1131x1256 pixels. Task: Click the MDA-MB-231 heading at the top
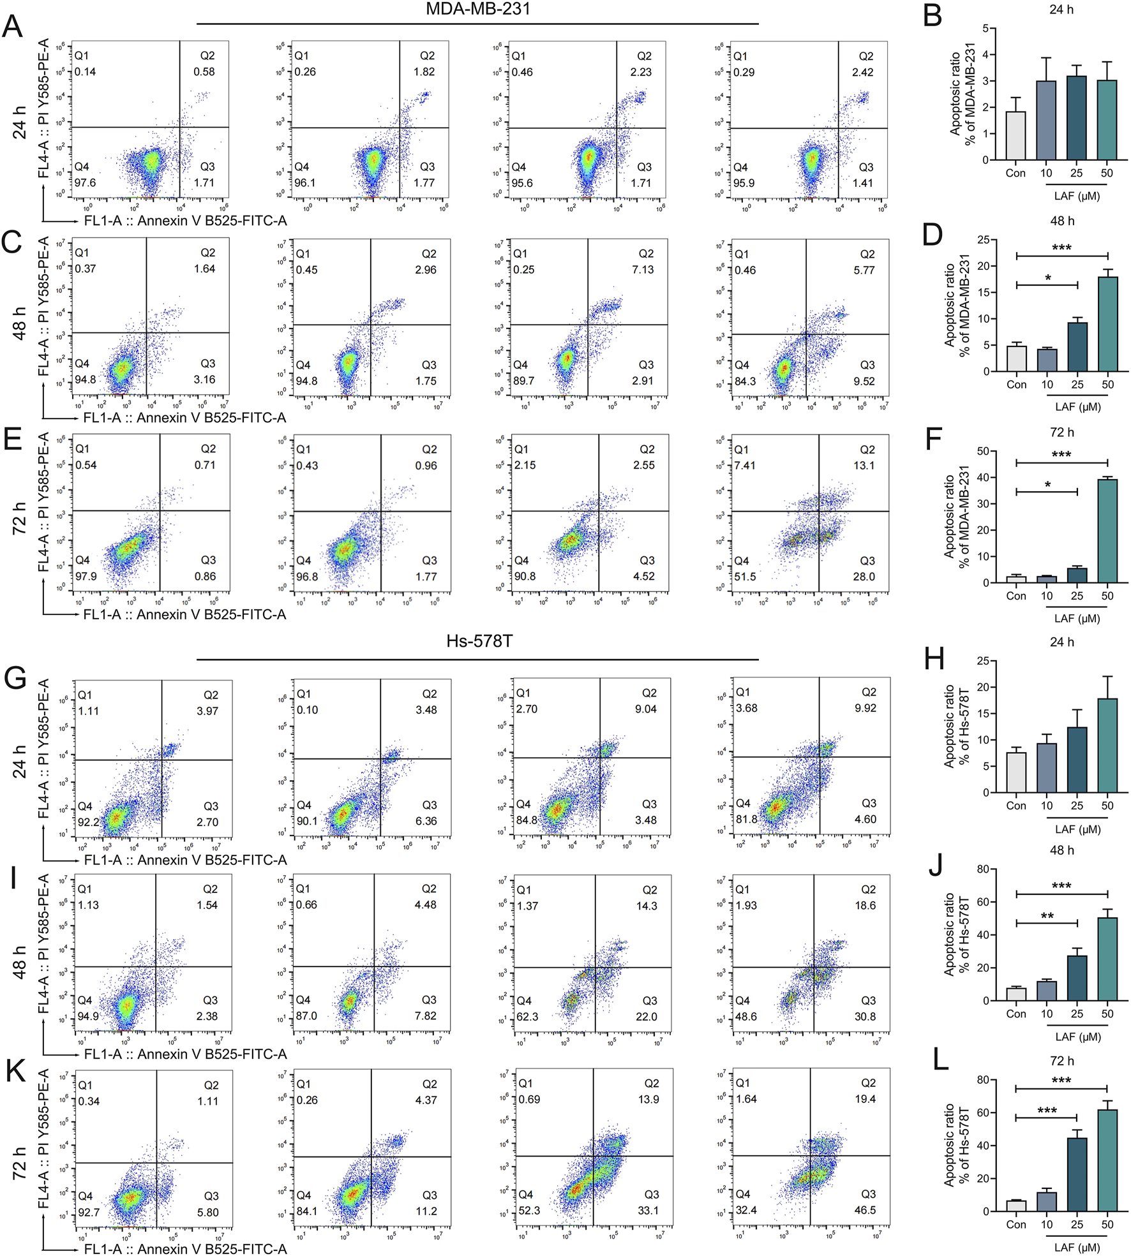pyautogui.click(x=478, y=9)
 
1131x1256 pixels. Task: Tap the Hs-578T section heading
pyautogui.click(x=479, y=640)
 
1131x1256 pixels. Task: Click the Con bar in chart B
pyautogui.click(x=1015, y=136)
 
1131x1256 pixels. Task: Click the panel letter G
pyautogui.click(x=15, y=677)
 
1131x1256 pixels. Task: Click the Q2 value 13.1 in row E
pyautogui.click(x=864, y=465)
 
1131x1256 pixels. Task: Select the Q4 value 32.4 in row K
pyautogui.click(x=746, y=1210)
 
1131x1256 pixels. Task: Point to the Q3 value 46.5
pyautogui.click(x=865, y=1210)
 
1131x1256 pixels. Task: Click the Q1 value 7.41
pyautogui.click(x=745, y=465)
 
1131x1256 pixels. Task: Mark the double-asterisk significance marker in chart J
pyautogui.click(x=1047, y=916)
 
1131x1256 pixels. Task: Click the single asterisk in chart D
pyautogui.click(x=1048, y=278)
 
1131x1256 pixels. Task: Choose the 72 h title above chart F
pyautogui.click(x=1061, y=432)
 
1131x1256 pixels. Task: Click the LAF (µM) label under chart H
pyautogui.click(x=1077, y=829)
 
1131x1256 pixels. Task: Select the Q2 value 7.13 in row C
pyautogui.click(x=643, y=269)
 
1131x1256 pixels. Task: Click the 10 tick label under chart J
pyautogui.click(x=1047, y=1014)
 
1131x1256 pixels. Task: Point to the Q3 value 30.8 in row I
pyautogui.click(x=865, y=1016)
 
